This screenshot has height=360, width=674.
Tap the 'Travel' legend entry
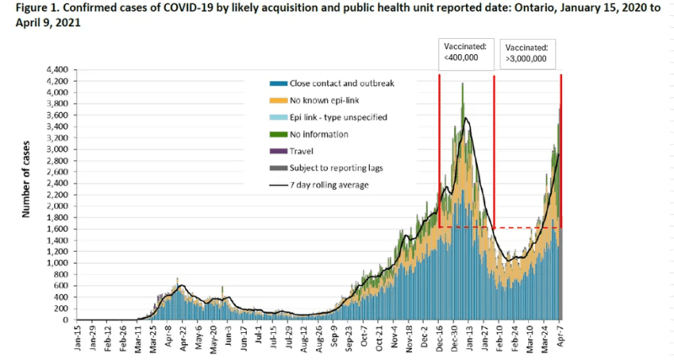point(302,151)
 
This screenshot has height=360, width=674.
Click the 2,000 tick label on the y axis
point(55,207)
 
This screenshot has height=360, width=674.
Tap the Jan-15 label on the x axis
point(77,336)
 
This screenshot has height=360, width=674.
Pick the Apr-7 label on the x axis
point(559,336)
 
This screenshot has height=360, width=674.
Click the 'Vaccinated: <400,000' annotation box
point(466,53)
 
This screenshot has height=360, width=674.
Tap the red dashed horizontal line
point(527,228)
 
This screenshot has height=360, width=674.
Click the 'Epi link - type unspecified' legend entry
point(338,117)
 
